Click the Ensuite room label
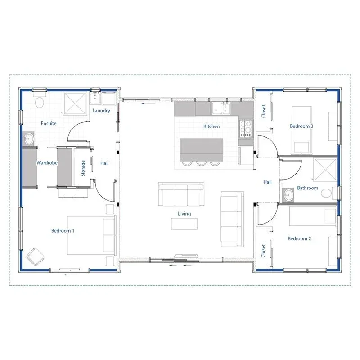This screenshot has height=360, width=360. tap(49, 123)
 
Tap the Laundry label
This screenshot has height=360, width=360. tap(101, 111)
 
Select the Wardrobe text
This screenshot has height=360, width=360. tap(47, 163)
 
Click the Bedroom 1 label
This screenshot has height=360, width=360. tap(63, 231)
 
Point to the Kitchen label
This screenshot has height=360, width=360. tap(211, 126)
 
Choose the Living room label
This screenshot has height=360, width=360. tap(184, 214)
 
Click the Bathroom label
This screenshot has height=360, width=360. tap(307, 188)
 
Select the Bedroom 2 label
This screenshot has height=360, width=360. tap(299, 238)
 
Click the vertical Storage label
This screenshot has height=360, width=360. tap(83, 168)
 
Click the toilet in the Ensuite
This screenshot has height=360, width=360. tap(39, 102)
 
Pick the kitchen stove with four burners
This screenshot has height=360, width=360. tap(246, 128)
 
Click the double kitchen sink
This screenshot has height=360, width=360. tap(221, 108)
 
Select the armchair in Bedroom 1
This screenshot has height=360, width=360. tap(35, 256)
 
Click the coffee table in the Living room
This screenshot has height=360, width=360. tap(184, 223)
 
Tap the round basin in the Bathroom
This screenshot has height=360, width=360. tap(288, 195)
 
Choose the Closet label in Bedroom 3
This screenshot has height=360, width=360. tap(264, 111)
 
